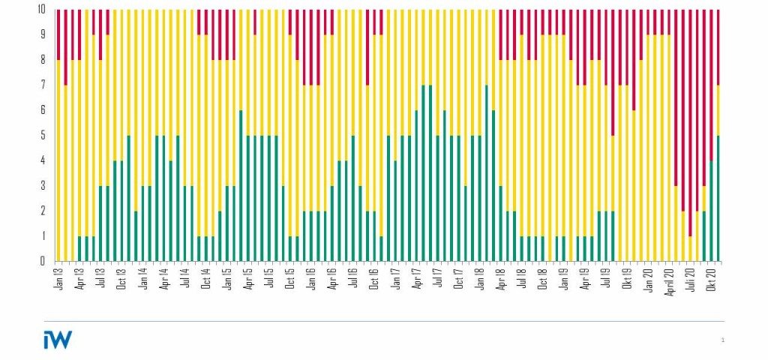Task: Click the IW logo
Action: tap(58, 340)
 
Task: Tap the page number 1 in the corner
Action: tap(722, 340)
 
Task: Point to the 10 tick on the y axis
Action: tap(42, 10)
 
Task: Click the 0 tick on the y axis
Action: tap(44, 261)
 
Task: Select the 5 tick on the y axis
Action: tap(44, 136)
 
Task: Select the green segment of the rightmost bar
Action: tap(718, 199)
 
